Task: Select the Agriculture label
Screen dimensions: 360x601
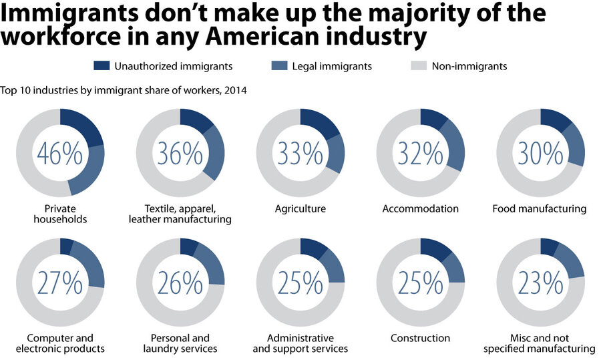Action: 300,209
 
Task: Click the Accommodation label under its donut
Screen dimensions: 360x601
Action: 421,209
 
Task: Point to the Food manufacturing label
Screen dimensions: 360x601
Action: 540,209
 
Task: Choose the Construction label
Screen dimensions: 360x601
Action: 421,338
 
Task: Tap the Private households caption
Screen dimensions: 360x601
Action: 60,214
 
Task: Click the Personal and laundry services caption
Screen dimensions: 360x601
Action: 180,343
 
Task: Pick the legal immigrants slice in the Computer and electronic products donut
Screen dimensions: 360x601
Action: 89,264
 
